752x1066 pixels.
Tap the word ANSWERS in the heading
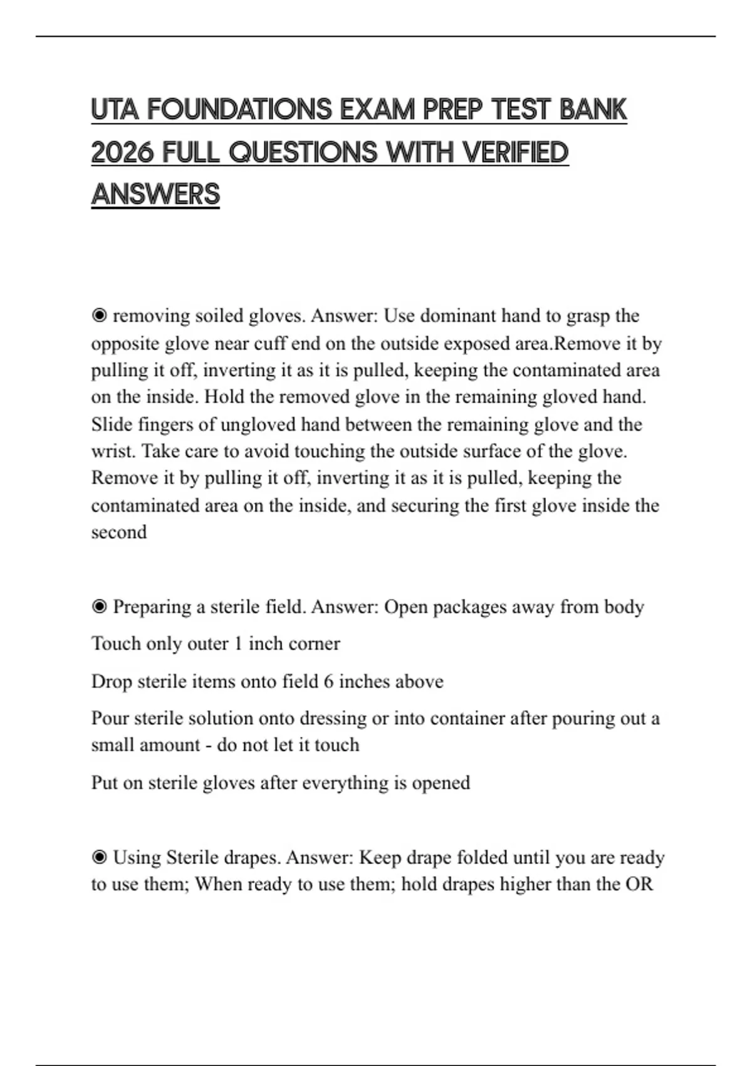coord(155,194)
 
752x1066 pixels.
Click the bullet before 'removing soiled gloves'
coord(99,316)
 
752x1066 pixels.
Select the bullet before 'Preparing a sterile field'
coord(99,607)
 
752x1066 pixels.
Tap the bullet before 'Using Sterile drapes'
coord(99,857)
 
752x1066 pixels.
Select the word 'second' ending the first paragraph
coord(119,532)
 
